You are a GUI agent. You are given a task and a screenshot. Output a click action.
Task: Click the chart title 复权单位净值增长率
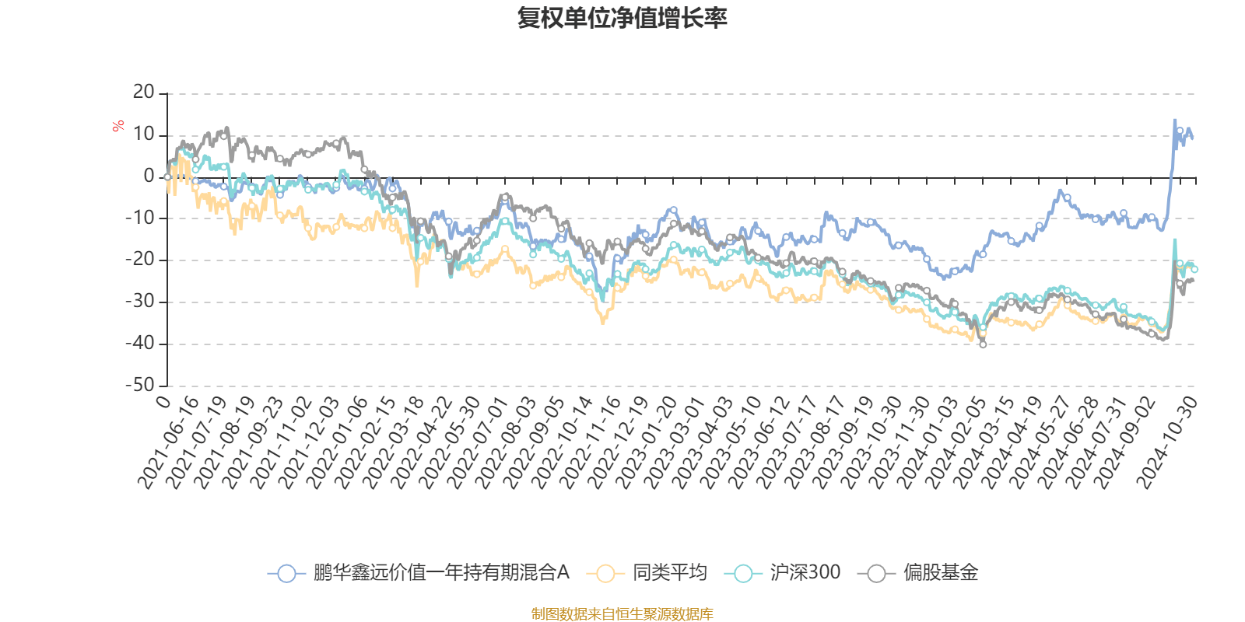pyautogui.click(x=622, y=19)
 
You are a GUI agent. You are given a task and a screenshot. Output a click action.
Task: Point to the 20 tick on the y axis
pyautogui.click(x=144, y=93)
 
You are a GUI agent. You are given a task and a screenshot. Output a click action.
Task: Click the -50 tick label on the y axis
pyautogui.click(x=140, y=386)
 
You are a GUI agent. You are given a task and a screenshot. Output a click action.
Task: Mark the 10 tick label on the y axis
pyautogui.click(x=144, y=135)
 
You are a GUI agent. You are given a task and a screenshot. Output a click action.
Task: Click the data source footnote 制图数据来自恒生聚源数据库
pyautogui.click(x=622, y=614)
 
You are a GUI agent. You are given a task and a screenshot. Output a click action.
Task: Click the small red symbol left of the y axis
pyautogui.click(x=118, y=126)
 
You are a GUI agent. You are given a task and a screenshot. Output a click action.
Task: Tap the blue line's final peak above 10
pyautogui.click(x=1174, y=121)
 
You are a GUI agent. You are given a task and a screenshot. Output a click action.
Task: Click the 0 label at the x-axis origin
pyautogui.click(x=163, y=400)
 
